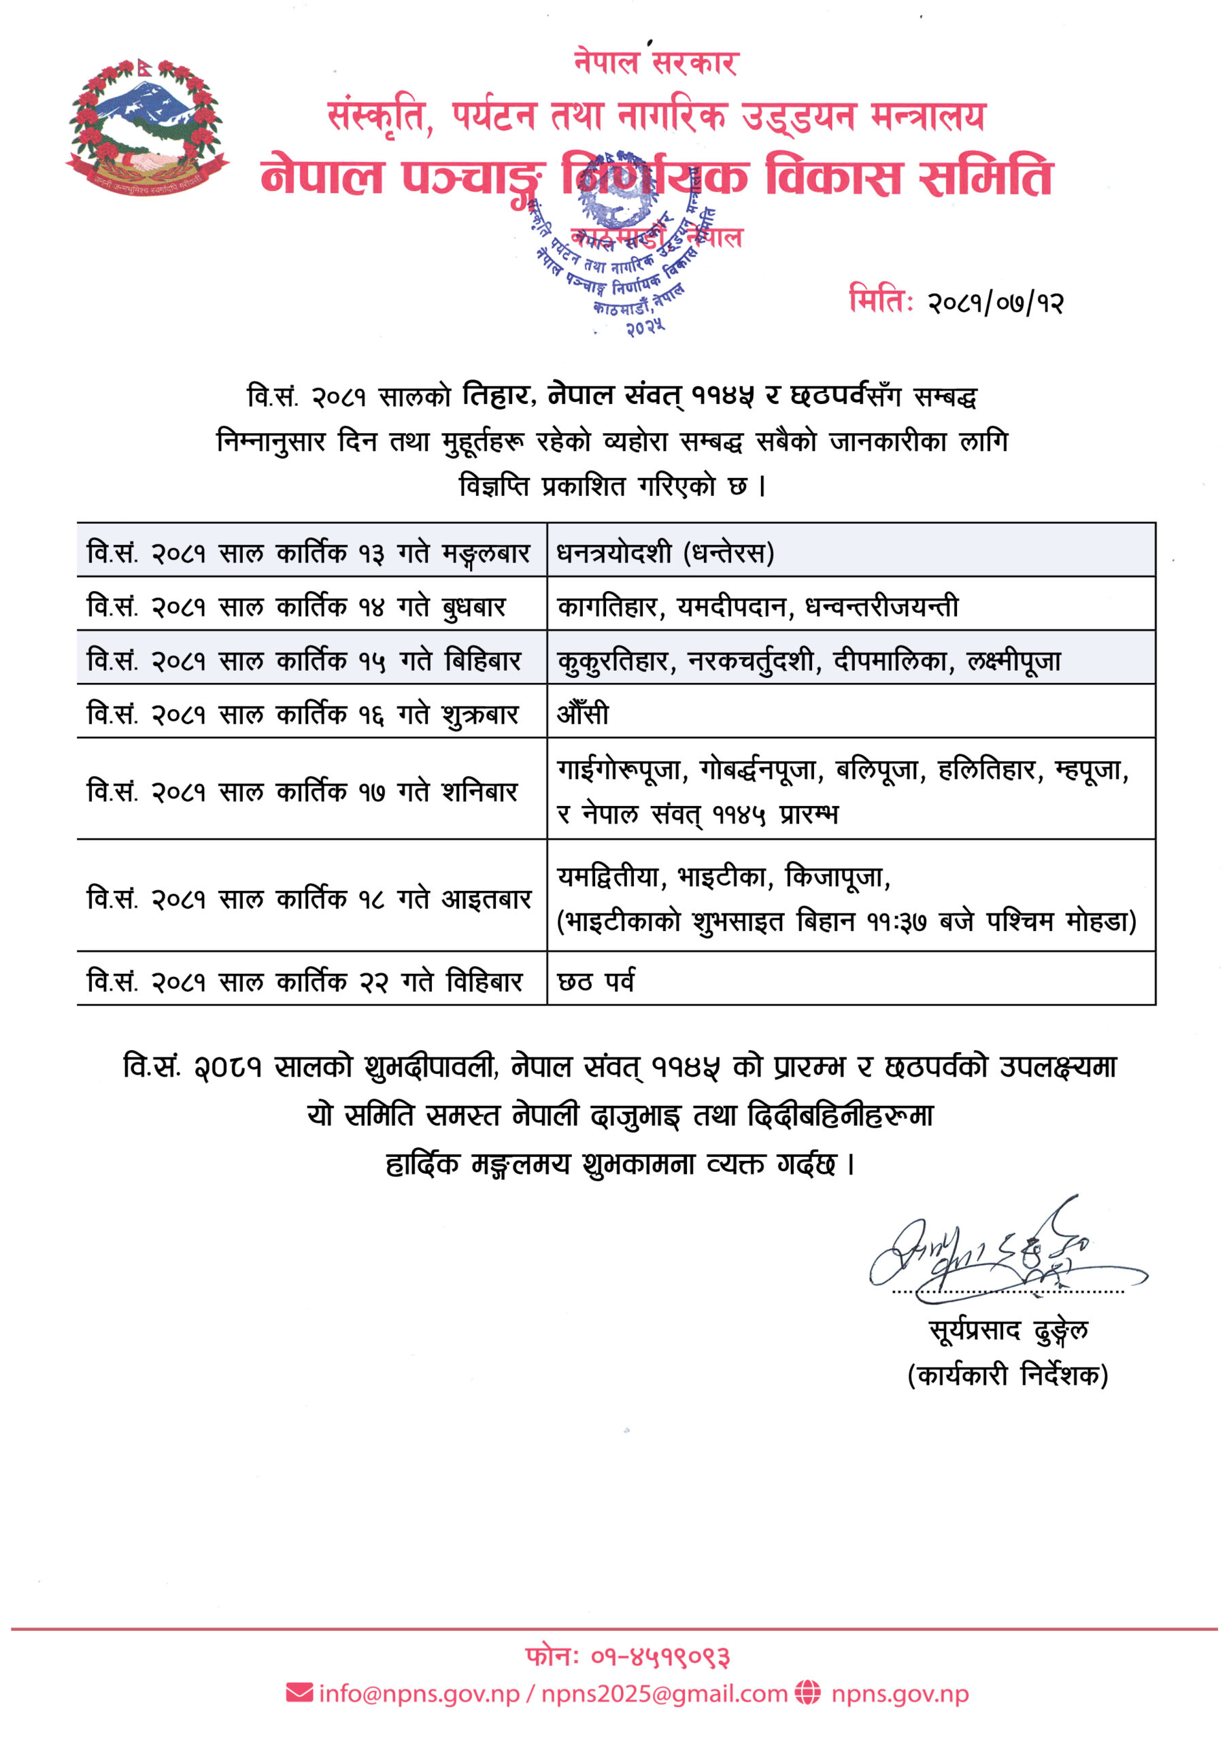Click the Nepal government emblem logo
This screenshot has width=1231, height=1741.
point(146,127)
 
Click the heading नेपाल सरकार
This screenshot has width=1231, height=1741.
point(656,62)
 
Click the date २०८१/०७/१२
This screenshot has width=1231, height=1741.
point(996,303)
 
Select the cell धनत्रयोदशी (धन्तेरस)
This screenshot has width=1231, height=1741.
point(665,553)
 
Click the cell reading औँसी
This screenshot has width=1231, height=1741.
point(582,713)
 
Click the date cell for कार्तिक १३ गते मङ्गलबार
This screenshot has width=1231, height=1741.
point(308,553)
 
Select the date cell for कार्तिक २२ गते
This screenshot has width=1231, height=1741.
point(305,981)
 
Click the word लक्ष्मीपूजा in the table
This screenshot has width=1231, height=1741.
point(1013,661)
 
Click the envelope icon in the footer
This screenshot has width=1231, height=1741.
point(299,1693)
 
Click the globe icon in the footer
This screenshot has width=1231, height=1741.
point(808,1693)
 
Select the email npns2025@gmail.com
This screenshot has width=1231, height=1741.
point(664,1694)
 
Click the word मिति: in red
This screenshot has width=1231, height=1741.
point(880,299)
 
